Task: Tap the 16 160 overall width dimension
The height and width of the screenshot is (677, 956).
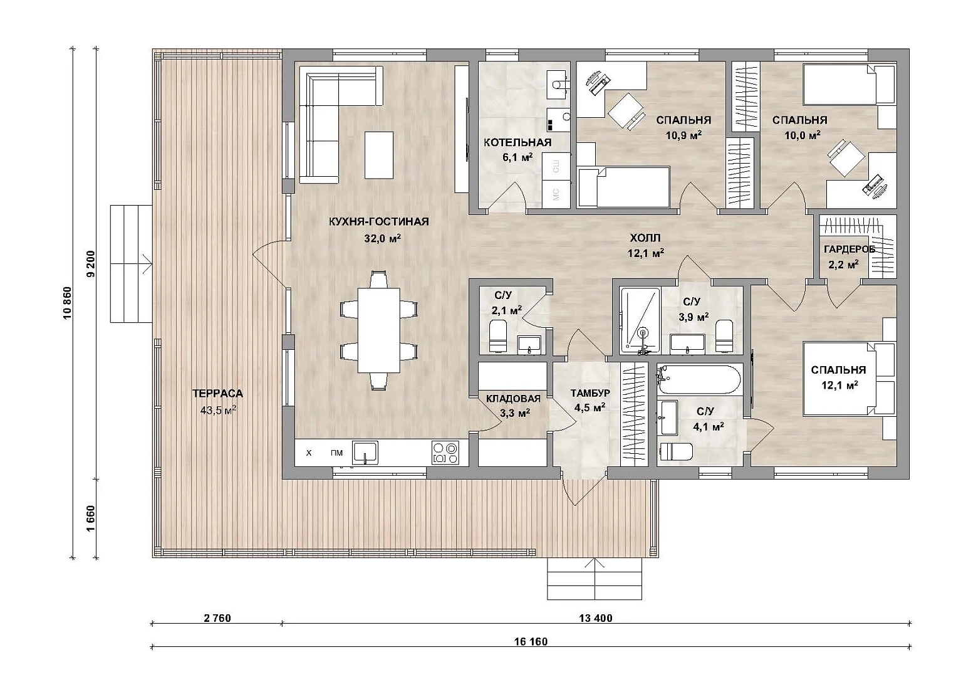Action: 531,641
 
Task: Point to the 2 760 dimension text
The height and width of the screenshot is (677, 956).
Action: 217,618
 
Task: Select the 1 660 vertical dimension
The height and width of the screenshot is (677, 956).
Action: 91,518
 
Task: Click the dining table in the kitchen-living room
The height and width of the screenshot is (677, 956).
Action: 379,330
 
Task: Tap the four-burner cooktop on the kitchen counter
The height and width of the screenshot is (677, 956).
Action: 445,453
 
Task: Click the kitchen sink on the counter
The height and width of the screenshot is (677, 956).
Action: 365,453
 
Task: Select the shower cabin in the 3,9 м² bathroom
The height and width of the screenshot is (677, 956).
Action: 640,320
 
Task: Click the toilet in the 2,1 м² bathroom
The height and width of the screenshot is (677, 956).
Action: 497,337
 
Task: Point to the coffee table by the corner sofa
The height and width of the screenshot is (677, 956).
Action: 378,155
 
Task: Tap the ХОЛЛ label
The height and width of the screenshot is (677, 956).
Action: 645,238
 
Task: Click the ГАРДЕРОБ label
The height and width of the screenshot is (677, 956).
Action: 849,249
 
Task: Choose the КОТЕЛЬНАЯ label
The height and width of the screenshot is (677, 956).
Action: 517,142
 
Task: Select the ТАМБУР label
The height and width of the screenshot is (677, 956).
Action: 590,392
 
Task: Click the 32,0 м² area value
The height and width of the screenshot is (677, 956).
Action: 382,238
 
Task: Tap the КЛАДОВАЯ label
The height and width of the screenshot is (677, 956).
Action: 514,399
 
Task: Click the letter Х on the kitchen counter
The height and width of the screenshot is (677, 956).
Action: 309,453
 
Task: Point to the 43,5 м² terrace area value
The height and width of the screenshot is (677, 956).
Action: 218,411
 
